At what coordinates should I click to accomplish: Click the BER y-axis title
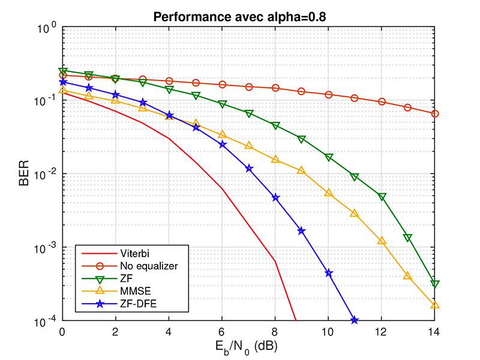24,174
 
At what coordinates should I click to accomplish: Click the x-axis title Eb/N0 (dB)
248,346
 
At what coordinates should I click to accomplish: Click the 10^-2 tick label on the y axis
47,174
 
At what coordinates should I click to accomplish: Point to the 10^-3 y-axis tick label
47,248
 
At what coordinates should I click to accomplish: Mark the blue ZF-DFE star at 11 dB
355,320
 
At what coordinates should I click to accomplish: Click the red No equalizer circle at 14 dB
435,113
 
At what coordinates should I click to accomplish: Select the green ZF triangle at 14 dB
435,284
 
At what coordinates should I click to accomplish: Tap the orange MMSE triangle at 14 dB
435,305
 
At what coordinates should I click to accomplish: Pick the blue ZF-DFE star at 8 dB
275,197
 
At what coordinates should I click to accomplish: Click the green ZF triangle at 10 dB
329,157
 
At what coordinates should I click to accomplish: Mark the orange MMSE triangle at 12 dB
382,241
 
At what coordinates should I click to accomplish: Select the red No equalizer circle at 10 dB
329,95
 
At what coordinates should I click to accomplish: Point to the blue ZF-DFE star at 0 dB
62,82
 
